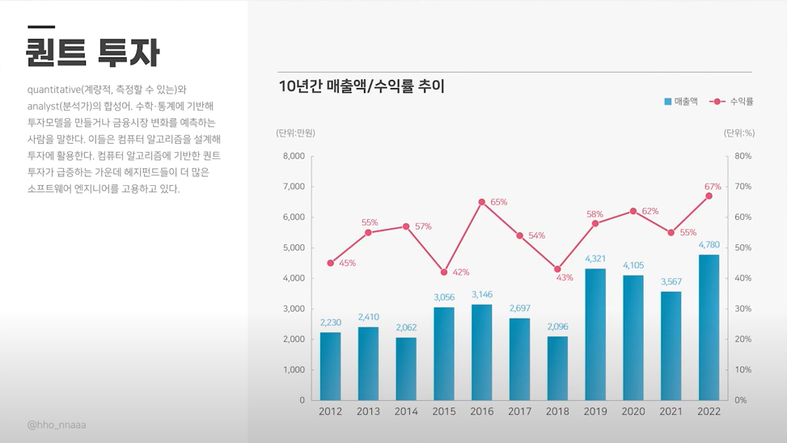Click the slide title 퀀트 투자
[x=92, y=53]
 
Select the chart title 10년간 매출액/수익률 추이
[x=362, y=86]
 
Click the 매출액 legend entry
[x=681, y=102]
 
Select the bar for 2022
[x=709, y=327]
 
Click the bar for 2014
[x=406, y=369]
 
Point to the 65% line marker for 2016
[x=482, y=202]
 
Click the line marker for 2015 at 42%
[x=444, y=272]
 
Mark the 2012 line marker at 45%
[x=331, y=263]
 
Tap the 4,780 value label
[x=709, y=245]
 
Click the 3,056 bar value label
[x=444, y=297]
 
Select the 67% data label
[x=713, y=187]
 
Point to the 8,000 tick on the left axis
[x=294, y=156]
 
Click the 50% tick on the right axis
[x=743, y=247]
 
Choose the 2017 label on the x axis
[x=519, y=411]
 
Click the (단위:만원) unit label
[x=295, y=133]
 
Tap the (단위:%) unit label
[x=738, y=133]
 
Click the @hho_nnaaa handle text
[x=57, y=424]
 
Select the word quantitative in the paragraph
[x=53, y=89]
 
